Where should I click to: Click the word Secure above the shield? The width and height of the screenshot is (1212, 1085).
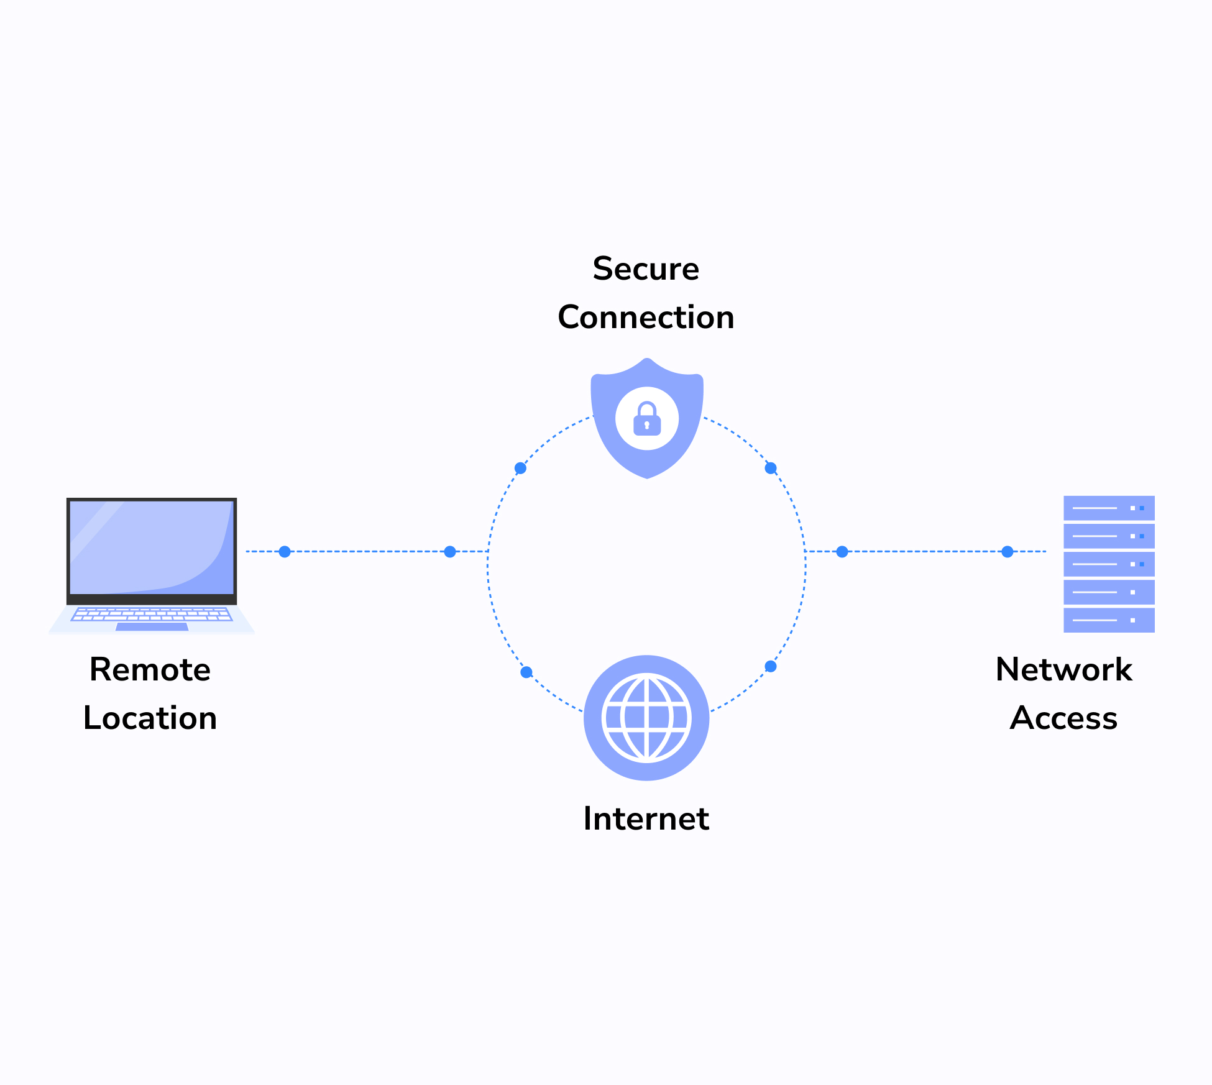(646, 269)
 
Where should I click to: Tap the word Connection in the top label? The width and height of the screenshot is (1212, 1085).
(646, 318)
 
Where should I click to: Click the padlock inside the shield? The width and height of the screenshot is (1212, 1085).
(647, 419)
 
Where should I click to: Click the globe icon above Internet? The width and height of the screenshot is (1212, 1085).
(646, 718)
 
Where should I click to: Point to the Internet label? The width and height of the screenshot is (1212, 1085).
(646, 818)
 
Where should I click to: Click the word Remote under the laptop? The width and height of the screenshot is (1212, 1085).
(150, 670)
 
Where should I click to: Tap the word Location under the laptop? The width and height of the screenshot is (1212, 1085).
(150, 718)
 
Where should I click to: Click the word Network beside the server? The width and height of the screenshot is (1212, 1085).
(1063, 670)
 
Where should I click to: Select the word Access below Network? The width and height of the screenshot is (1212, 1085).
(1063, 718)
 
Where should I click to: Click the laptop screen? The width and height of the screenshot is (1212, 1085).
(152, 547)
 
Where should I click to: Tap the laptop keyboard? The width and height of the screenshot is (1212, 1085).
(152, 614)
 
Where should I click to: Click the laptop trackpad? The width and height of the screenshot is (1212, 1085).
(152, 626)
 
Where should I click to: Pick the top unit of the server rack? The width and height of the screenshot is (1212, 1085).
(1109, 508)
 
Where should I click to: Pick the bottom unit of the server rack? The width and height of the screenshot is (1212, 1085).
(1109, 620)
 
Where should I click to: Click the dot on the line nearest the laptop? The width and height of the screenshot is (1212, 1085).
(285, 551)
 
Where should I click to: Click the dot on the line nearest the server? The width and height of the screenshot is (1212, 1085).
(1008, 551)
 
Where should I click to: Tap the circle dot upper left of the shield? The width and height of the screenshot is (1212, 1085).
(521, 468)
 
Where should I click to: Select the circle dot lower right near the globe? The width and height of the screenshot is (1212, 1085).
(771, 666)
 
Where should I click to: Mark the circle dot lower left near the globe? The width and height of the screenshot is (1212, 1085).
(526, 672)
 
